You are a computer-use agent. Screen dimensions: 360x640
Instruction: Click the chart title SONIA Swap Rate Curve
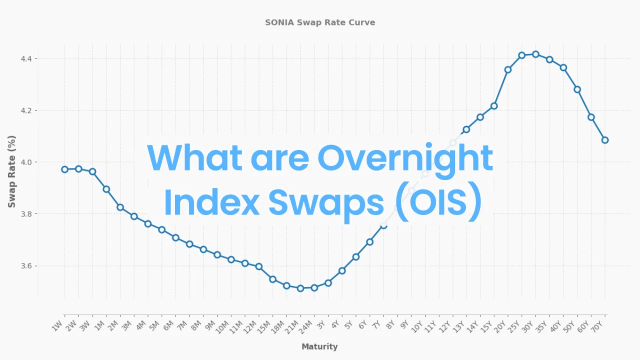(320, 22)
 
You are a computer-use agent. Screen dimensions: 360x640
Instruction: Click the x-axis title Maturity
(319, 346)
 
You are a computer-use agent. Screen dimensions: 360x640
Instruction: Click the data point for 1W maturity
(64, 169)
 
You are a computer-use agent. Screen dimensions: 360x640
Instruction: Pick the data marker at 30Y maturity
(535, 54)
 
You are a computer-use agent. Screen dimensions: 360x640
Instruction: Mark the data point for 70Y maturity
(605, 140)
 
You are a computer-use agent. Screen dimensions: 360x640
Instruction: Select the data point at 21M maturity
(300, 288)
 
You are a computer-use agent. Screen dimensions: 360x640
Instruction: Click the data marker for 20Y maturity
(508, 69)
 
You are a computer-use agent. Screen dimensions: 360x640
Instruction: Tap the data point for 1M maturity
(106, 189)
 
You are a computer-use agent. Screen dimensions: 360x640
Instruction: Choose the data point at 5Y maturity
(356, 257)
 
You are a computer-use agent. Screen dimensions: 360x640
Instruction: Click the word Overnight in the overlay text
(405, 157)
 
